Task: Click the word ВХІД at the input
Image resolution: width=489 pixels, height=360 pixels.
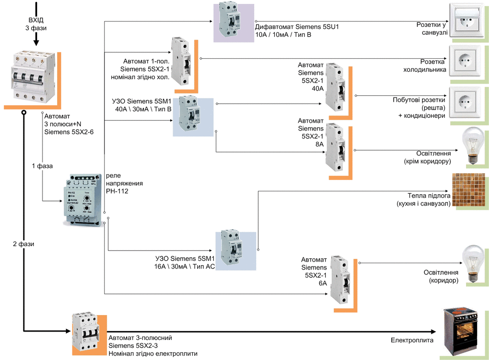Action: (36, 20)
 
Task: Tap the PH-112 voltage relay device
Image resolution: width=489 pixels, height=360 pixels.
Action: (83, 200)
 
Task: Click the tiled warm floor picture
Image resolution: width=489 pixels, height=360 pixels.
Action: (468, 192)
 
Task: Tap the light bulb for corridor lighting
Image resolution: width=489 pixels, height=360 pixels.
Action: (473, 264)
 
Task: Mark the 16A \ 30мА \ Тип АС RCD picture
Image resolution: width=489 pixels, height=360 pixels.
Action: (230, 249)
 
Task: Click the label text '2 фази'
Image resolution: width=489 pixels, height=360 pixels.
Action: (23, 243)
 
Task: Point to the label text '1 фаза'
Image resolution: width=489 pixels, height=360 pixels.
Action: (42, 166)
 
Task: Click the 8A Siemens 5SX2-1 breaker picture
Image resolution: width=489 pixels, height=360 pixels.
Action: (336, 147)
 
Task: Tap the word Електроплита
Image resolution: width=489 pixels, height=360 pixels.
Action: (412, 340)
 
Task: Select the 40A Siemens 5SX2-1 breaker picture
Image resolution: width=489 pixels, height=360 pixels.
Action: (336, 85)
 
